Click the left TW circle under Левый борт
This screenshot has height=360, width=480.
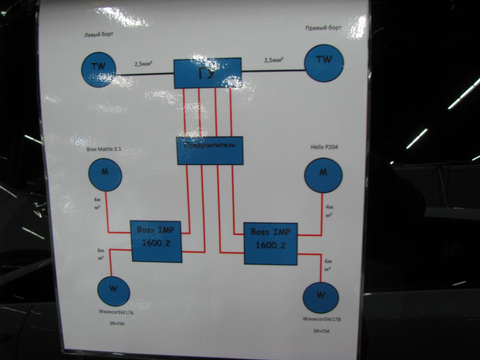(99, 69)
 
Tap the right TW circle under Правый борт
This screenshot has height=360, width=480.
(324, 63)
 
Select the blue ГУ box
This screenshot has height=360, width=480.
(208, 73)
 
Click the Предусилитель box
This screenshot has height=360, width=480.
(210, 151)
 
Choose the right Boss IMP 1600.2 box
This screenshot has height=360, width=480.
(270, 244)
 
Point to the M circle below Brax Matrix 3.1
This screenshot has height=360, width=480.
(105, 174)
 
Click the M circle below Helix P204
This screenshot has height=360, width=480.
(323, 175)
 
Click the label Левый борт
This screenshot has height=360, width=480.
(99, 35)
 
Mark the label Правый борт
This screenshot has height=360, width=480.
(323, 28)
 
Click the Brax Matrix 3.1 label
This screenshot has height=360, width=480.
(104, 149)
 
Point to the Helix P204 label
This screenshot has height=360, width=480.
(322, 147)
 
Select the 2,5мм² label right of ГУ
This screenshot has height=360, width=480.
(274, 60)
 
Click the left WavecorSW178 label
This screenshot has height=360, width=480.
(116, 312)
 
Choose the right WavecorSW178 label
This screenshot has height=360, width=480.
(322, 319)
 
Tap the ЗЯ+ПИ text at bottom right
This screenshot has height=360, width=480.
(321, 331)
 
